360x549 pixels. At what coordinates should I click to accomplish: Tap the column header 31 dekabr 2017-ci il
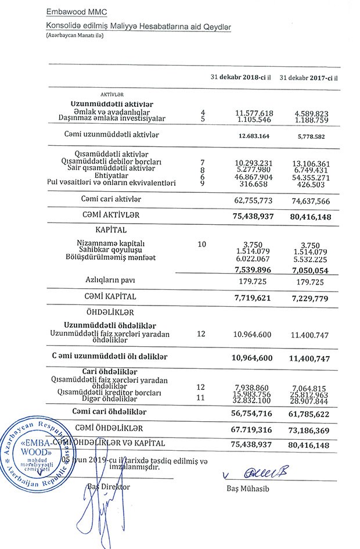click(x=308, y=78)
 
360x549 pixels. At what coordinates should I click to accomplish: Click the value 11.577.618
click(x=254, y=112)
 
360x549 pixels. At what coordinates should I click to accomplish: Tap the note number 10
click(x=202, y=244)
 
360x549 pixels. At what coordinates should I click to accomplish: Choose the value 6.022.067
click(x=254, y=259)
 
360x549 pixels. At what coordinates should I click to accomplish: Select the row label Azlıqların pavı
click(x=106, y=280)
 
